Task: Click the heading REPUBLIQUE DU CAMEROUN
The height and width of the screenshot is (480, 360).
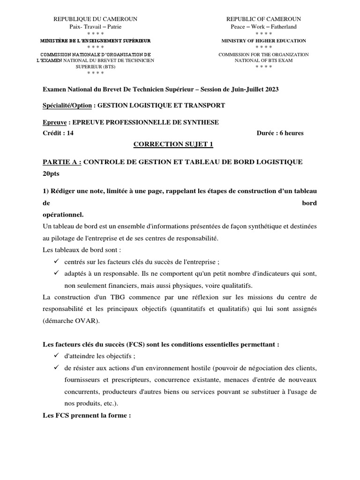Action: point(95,19)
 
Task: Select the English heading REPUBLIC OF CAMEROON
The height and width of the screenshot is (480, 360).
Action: point(263,19)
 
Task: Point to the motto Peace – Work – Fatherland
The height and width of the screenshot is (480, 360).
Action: point(263,27)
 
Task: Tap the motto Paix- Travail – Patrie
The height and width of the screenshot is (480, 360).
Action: point(95,27)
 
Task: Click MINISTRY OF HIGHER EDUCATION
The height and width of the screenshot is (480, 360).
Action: point(263,41)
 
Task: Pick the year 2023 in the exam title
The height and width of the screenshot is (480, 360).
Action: point(271,89)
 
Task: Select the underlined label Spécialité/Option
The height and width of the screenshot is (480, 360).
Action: point(67,105)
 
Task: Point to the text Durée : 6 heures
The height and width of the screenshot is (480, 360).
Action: point(280,133)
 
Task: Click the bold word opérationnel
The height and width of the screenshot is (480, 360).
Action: point(63,215)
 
